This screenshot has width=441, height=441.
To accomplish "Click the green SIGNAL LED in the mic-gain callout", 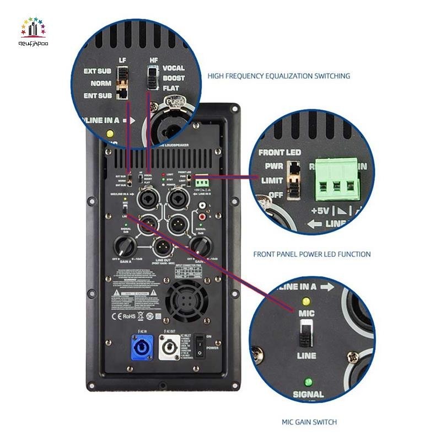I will coord(308,381).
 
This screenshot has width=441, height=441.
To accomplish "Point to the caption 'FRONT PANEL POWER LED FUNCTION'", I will coord(312,254).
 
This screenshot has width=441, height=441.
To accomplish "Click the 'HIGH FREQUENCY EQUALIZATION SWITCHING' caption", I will coord(279,76).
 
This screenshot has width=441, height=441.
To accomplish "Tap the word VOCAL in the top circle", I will coord(174,68).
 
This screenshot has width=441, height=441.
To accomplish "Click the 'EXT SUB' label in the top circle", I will coord(98,71).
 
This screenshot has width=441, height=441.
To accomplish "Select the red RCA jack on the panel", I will coord(203,218).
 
